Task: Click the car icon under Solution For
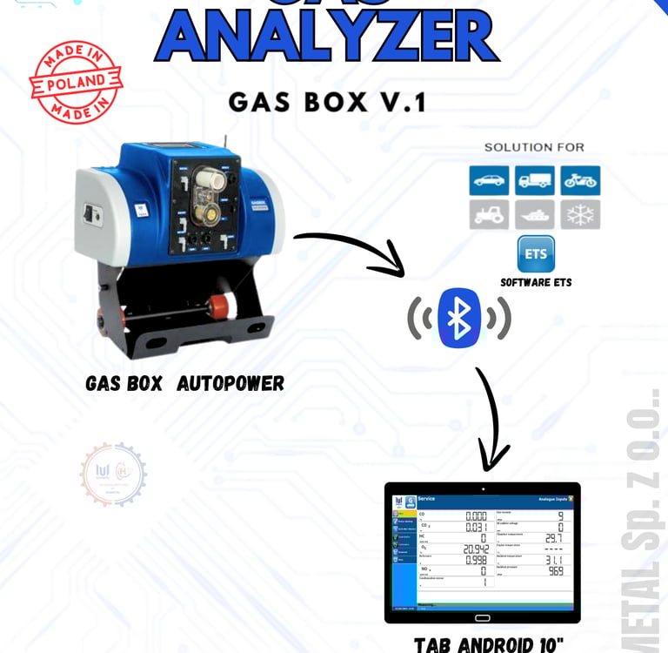coord(489,180)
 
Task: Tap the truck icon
coord(534,180)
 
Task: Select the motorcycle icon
coord(579,180)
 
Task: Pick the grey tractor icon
coord(489,214)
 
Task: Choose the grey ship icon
coord(534,214)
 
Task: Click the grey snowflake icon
coord(579,214)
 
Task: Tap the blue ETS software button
coord(535,254)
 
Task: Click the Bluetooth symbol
coord(459,318)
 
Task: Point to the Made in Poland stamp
coord(76,82)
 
